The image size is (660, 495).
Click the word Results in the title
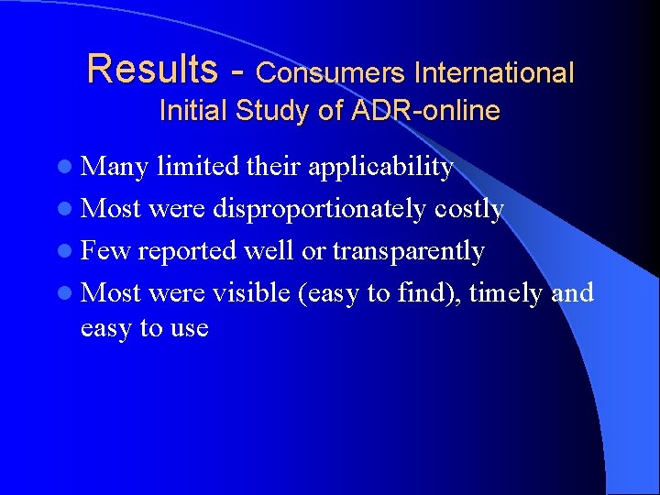point(152,69)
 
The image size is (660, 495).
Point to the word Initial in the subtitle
point(193,111)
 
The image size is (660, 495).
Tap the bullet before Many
point(70,168)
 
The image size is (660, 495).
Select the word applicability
point(380,168)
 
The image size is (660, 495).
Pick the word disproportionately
point(318,210)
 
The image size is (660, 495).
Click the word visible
point(247,293)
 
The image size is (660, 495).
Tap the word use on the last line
point(187,328)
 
